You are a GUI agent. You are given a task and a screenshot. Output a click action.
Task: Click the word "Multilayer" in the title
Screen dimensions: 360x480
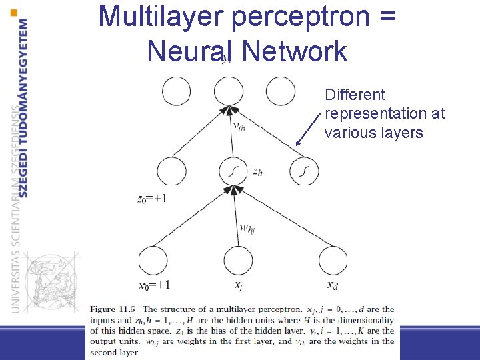click(x=160, y=17)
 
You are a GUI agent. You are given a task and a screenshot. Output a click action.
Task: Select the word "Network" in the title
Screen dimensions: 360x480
click(x=295, y=51)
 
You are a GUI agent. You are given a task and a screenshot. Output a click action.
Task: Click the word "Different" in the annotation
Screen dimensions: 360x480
click(x=355, y=95)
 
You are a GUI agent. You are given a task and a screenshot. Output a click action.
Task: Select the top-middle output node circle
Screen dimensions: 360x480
click(x=229, y=91)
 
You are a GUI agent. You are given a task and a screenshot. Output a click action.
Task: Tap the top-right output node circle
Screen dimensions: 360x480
click(x=280, y=91)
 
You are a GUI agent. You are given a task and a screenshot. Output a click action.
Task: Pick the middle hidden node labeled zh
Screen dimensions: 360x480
click(x=233, y=172)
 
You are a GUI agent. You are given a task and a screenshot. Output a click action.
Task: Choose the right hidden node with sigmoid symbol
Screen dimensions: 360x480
click(x=304, y=172)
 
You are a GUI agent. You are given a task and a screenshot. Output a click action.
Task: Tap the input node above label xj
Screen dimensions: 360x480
click(x=239, y=260)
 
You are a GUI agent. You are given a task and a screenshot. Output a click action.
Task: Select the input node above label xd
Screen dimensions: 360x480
click(x=333, y=260)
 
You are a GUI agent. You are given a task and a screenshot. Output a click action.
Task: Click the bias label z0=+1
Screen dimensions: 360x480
click(x=152, y=198)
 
